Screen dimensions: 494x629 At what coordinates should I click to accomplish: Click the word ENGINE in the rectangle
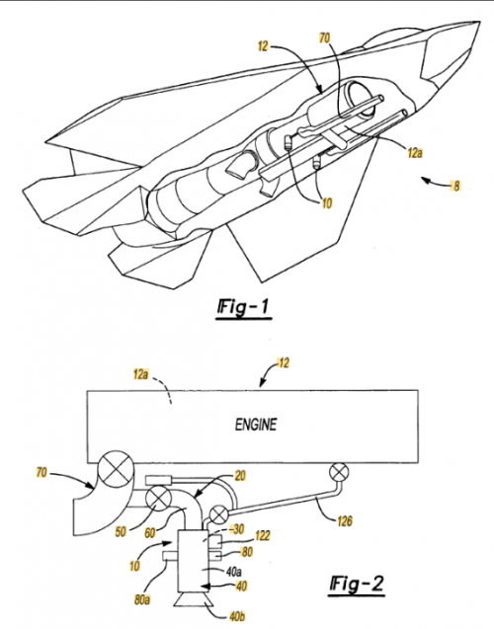[256, 425]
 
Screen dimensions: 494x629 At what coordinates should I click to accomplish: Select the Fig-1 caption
[243, 307]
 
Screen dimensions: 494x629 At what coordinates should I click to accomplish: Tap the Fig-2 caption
[357, 584]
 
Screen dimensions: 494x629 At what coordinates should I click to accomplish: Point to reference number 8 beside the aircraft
[455, 186]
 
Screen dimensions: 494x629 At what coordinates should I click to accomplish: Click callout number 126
[345, 521]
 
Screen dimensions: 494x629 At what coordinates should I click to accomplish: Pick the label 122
[263, 535]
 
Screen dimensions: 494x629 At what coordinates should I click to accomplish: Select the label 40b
[237, 616]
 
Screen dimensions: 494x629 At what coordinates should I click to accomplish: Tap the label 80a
[142, 600]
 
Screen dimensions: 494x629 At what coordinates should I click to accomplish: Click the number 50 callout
[121, 532]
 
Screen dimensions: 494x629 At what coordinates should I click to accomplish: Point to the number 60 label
[150, 533]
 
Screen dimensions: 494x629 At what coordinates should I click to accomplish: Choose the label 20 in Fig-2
[240, 476]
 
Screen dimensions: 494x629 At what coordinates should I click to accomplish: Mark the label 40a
[233, 572]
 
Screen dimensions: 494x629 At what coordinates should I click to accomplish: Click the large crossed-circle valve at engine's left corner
[116, 469]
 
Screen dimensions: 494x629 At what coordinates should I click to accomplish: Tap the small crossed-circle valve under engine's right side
[339, 472]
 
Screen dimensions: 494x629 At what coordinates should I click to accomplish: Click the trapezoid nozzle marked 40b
[194, 599]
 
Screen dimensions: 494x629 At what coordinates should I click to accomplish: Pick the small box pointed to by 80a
[171, 556]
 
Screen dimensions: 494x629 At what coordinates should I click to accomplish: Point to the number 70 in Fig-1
[324, 39]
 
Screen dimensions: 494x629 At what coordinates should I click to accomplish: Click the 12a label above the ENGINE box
[141, 375]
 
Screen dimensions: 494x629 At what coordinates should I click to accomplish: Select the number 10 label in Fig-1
[327, 203]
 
